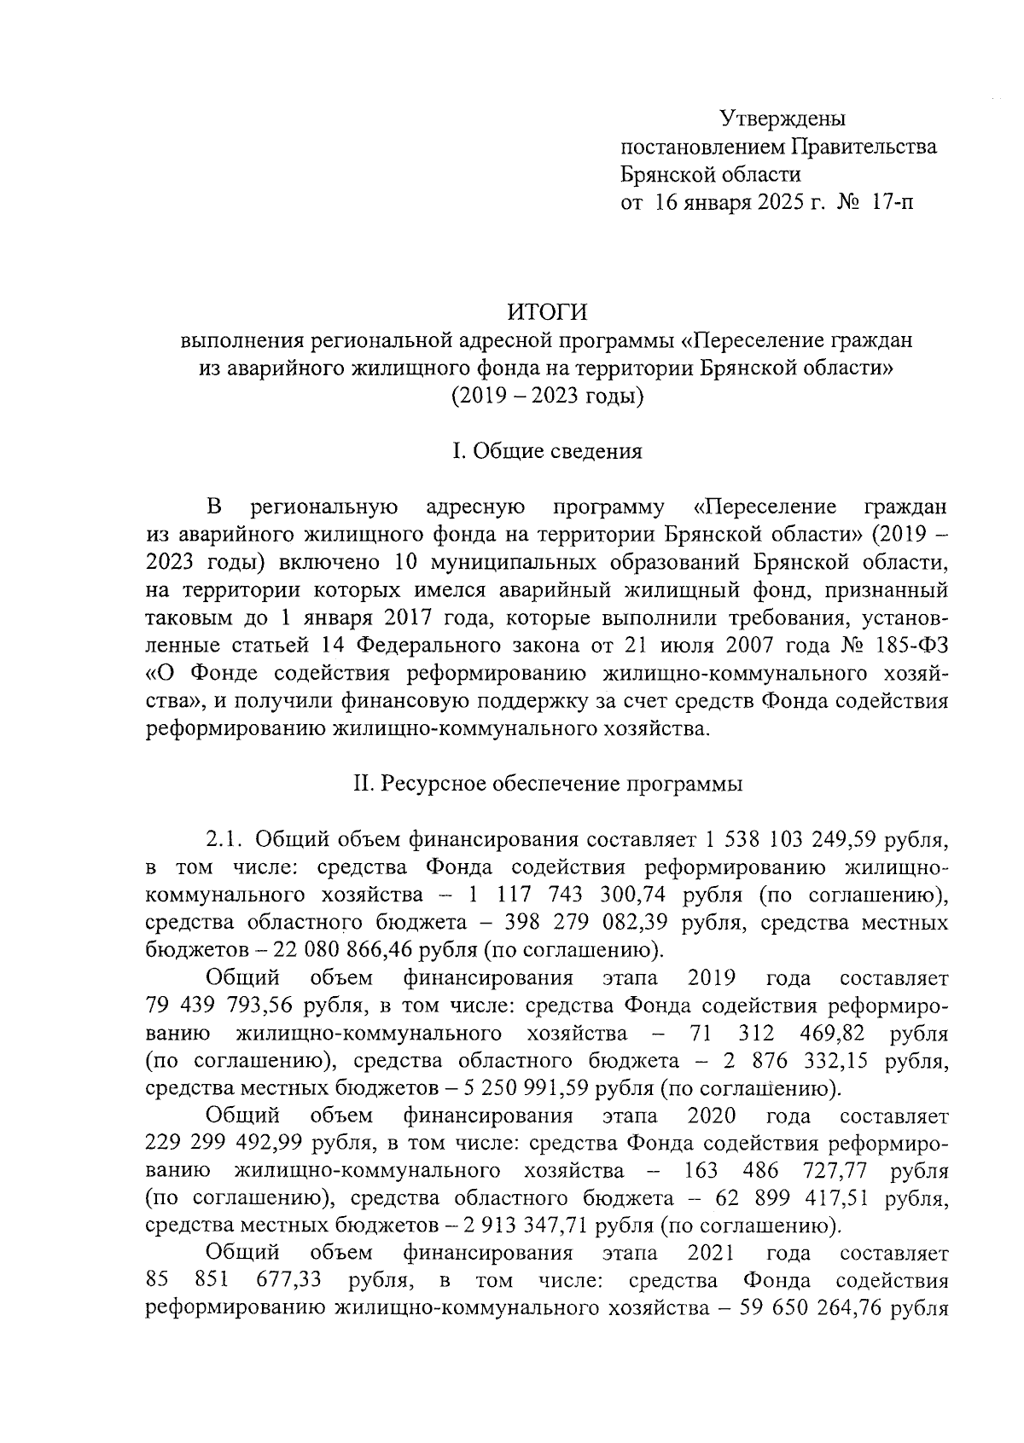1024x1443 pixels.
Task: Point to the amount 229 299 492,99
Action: (x=225, y=1145)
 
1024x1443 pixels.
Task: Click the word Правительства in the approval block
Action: (x=864, y=147)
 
